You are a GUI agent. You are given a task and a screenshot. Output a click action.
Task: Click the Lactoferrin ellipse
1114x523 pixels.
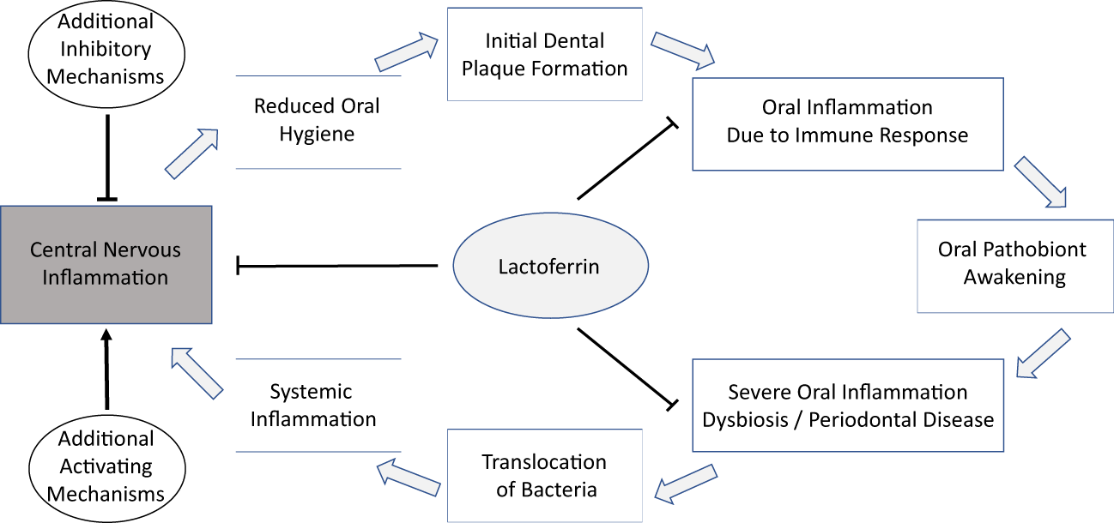coord(548,267)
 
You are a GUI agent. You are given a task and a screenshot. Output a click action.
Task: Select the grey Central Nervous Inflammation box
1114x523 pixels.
coord(106,264)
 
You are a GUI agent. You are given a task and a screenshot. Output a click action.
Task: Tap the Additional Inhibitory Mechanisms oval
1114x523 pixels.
coord(106,49)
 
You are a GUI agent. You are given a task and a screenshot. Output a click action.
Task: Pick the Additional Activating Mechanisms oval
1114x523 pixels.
coord(106,466)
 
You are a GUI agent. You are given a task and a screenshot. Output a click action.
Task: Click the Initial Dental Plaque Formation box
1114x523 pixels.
coord(544,54)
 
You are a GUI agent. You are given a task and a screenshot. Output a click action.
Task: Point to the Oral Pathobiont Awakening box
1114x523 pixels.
coord(1012,263)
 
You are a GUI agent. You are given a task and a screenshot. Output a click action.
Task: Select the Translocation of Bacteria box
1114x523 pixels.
coord(544,476)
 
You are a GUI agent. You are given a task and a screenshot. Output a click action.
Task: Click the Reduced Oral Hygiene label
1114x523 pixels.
coord(318,120)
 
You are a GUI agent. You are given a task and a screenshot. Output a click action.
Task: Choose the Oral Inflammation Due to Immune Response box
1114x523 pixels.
coord(847,123)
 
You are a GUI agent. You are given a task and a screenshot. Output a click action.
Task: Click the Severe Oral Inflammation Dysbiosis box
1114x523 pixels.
coord(847,406)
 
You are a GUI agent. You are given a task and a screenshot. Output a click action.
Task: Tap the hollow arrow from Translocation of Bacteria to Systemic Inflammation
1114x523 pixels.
coord(411,474)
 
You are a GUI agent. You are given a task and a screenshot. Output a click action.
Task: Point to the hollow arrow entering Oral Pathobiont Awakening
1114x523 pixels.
coord(1040,183)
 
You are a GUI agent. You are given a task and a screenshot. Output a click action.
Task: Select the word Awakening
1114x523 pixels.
coord(1014,277)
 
